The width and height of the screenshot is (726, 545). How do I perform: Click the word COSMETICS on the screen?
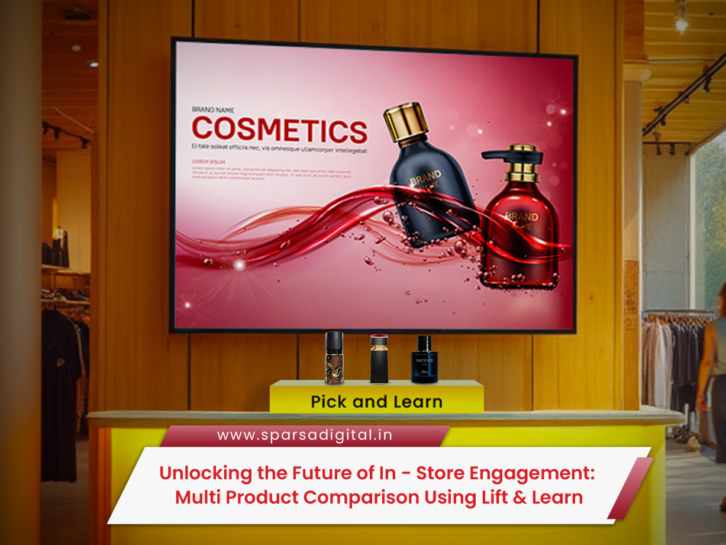[x=279, y=130]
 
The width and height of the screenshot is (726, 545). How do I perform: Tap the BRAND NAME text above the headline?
[x=213, y=109]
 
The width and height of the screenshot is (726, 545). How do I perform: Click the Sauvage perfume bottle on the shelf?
[x=424, y=361]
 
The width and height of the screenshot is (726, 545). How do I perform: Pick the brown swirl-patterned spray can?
[x=334, y=360]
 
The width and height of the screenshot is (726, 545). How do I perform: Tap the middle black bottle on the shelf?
[x=379, y=360]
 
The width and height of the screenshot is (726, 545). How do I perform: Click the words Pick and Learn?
[x=376, y=402]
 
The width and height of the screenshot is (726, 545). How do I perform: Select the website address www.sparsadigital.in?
[x=305, y=436]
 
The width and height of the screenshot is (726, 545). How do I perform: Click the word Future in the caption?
[x=320, y=474]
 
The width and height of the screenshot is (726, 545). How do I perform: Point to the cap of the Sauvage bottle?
[x=424, y=342]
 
